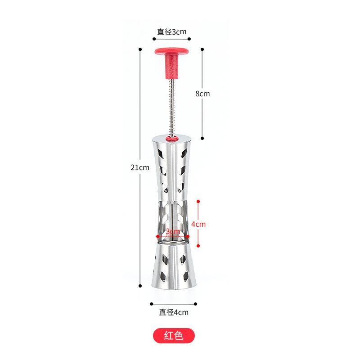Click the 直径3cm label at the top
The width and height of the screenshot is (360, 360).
pos(171,31)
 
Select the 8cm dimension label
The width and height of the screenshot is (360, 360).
pos(202,94)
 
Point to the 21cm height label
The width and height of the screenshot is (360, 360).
pos(139,167)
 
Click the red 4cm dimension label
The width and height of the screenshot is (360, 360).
pos(198,224)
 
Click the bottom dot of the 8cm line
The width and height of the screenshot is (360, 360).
pos(203,139)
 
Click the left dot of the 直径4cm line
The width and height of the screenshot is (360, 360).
pos(150,304)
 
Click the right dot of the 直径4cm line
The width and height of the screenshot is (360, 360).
pos(196,304)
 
